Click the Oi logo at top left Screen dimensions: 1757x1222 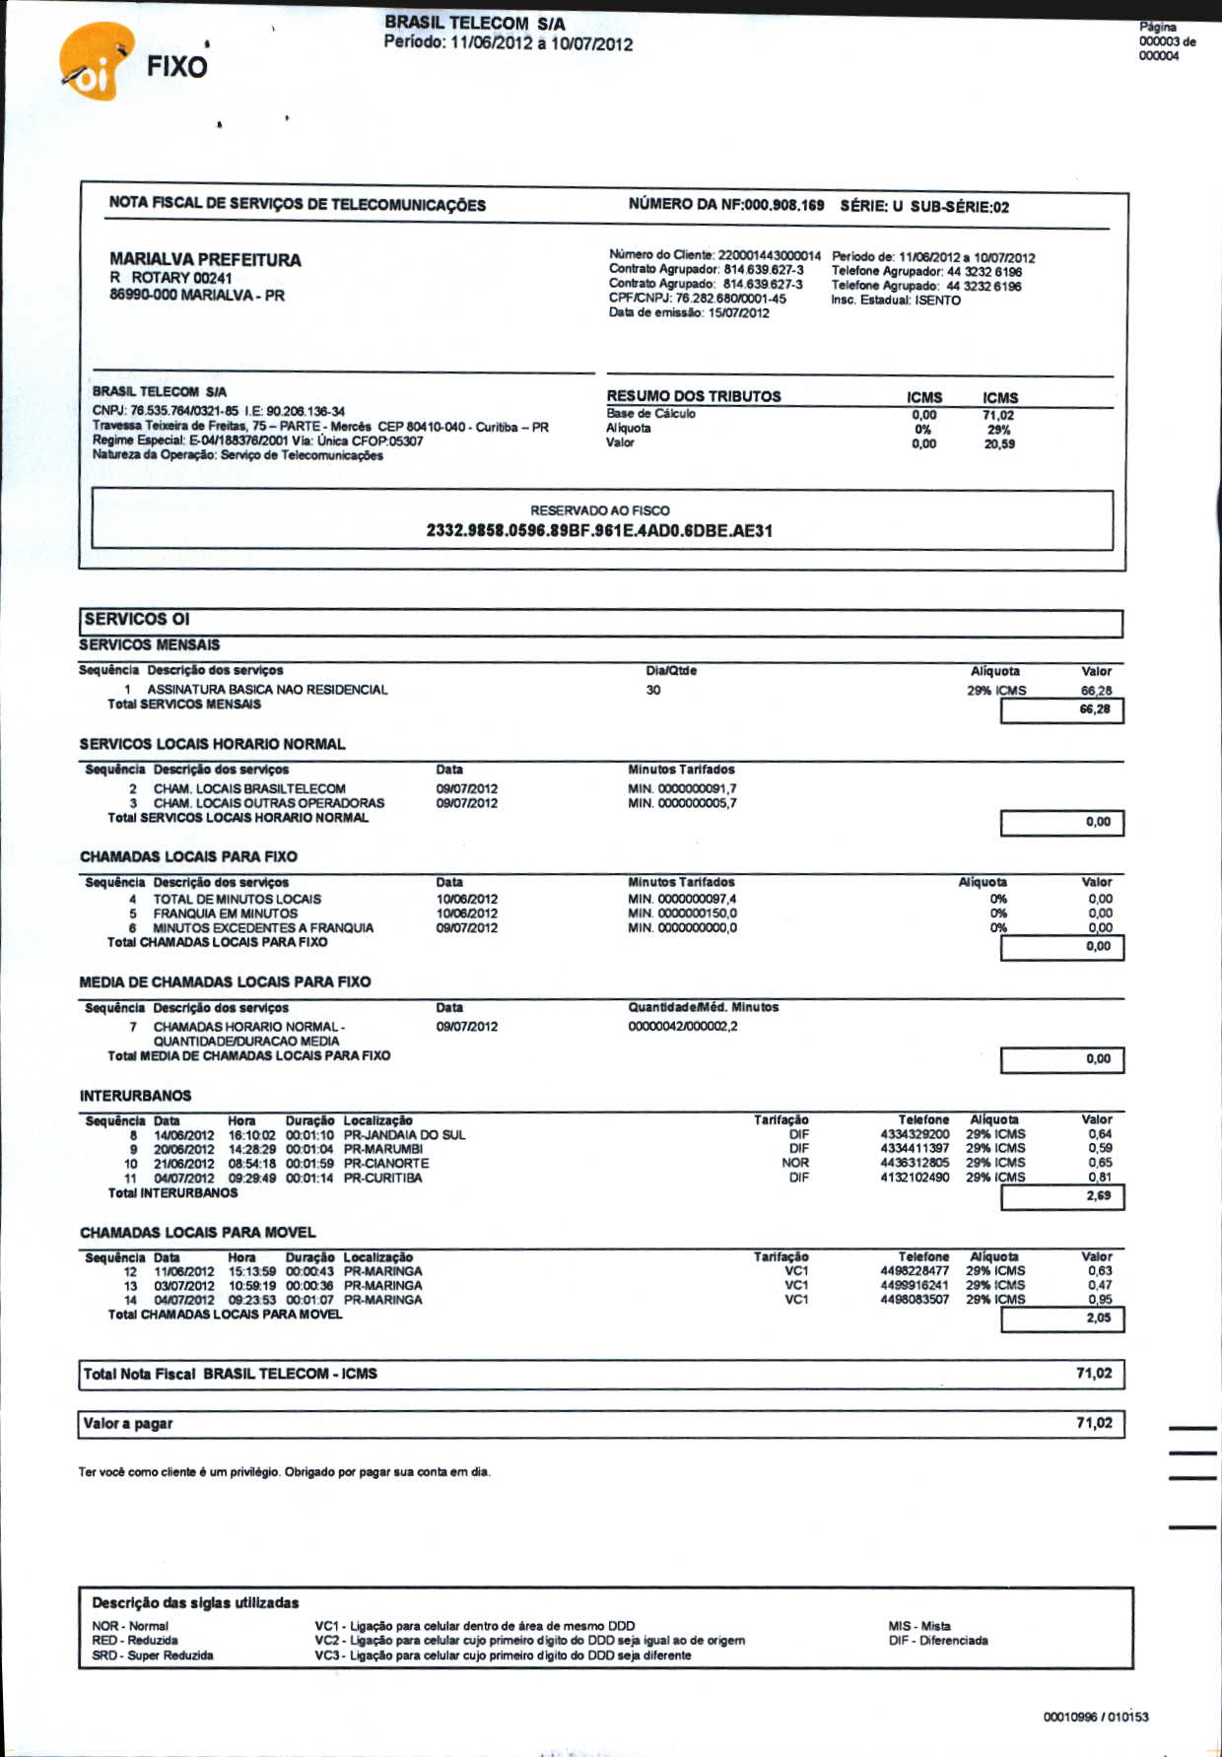pos(94,65)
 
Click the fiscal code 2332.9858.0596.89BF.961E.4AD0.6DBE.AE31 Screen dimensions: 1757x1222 pos(599,531)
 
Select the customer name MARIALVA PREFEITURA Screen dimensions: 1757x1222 pos(205,260)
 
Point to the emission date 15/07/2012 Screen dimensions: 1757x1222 pos(738,313)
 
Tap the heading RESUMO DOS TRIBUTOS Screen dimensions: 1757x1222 pos(694,396)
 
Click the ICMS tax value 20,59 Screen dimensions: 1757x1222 pos(999,444)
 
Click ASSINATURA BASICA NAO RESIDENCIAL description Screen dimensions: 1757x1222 pos(267,690)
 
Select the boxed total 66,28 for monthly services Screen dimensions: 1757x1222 pos(1094,710)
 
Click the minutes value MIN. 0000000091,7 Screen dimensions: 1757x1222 pos(682,789)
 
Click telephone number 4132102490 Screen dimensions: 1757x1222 pos(915,1178)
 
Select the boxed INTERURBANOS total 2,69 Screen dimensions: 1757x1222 pos(1098,1196)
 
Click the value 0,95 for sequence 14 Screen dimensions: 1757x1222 pos(1100,1300)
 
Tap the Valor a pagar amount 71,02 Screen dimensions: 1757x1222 pos(1094,1423)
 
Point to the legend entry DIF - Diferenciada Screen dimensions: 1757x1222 pos(937,1641)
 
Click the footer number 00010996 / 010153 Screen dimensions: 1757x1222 pos(1096,1718)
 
